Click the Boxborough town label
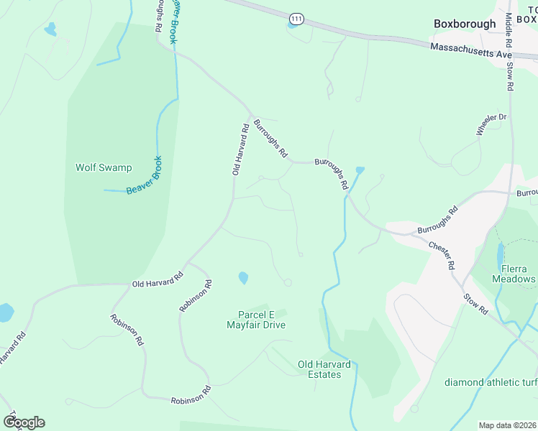pyautogui.click(x=465, y=24)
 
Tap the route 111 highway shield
pyautogui.click(x=296, y=17)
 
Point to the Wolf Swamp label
pyautogui.click(x=104, y=167)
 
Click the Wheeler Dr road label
pyautogui.click(x=492, y=124)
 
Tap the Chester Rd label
pyautogui.click(x=442, y=255)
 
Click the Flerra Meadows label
pyautogui.click(x=514, y=274)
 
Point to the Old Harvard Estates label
pyautogui.click(x=324, y=369)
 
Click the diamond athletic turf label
pyautogui.click(x=490, y=381)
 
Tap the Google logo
pyautogui.click(x=24, y=422)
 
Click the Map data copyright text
pyautogui.click(x=507, y=425)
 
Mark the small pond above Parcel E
pyautogui.click(x=243, y=277)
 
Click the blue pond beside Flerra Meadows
pyautogui.click(x=500, y=254)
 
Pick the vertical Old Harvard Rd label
pyautogui.click(x=240, y=149)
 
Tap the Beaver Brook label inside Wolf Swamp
pyautogui.click(x=144, y=175)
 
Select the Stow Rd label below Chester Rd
pyautogui.click(x=475, y=303)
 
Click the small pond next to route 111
pyautogui.click(x=292, y=26)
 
